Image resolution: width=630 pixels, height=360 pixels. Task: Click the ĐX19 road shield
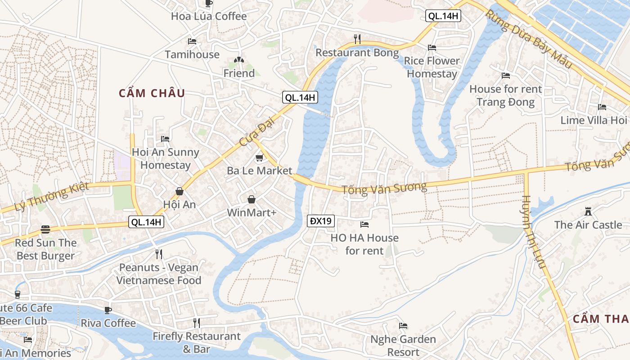(x=321, y=221)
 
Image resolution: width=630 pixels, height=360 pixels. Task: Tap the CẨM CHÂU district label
(x=152, y=93)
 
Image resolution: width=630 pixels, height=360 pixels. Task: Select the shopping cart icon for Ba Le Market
(x=259, y=157)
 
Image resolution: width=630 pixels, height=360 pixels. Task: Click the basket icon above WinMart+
(x=252, y=199)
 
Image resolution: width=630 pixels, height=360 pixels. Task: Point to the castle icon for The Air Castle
(x=588, y=211)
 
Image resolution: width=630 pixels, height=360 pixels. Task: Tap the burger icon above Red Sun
(x=45, y=229)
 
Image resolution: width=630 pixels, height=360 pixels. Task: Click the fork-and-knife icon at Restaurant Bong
(x=357, y=39)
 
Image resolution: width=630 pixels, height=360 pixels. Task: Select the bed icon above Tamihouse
(x=192, y=41)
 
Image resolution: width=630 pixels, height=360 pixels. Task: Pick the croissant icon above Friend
(x=239, y=60)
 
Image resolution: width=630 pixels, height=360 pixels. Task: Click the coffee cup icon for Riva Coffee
(x=108, y=310)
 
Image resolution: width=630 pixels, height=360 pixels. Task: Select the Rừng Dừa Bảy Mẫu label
(x=528, y=39)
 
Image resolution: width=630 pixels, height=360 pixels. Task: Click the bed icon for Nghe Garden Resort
(x=403, y=326)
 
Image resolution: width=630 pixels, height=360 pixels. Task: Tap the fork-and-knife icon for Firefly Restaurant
(x=197, y=323)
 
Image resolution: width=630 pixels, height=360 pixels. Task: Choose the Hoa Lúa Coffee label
(x=209, y=16)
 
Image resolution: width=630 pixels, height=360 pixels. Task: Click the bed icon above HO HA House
(x=364, y=224)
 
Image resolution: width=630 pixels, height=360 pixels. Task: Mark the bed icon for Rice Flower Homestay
(x=432, y=47)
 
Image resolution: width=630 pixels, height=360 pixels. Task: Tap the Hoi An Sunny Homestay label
(x=165, y=158)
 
